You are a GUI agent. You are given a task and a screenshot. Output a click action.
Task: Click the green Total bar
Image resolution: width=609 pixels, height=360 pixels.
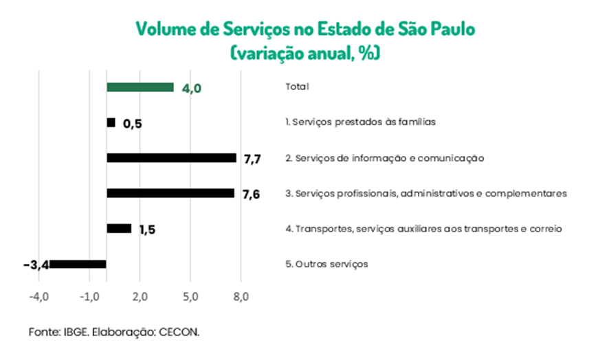click(140, 87)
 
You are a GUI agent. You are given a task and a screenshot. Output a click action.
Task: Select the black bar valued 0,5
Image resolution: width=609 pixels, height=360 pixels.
click(111, 122)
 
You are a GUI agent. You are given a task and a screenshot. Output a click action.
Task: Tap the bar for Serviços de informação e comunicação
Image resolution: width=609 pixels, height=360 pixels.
click(171, 158)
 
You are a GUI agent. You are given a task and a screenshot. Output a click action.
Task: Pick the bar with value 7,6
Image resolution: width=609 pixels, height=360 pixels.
click(170, 193)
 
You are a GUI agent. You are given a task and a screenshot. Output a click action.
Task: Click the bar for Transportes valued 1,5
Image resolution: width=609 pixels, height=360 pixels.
click(119, 229)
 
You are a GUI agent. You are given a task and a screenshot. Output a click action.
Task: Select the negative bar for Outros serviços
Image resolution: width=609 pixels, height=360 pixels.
click(78, 264)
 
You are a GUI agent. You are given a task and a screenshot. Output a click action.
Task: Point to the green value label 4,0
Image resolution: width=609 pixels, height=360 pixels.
click(191, 89)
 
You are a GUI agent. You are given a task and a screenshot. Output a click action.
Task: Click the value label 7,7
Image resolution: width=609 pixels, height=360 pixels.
click(252, 159)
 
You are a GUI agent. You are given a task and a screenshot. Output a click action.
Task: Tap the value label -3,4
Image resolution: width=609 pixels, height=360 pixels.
click(36, 265)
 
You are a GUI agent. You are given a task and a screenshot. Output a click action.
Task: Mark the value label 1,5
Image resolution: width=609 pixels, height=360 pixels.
click(147, 230)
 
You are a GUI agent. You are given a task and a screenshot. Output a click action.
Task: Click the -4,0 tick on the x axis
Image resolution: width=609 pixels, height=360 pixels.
click(38, 297)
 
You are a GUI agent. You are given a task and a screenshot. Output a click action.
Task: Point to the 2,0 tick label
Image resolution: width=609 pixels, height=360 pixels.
click(140, 297)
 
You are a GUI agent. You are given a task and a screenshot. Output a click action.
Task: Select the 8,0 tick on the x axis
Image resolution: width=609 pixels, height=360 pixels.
click(241, 297)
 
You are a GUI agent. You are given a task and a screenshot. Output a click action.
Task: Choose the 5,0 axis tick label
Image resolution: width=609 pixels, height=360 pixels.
click(190, 297)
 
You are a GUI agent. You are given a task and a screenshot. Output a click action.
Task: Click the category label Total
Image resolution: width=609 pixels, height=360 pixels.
click(297, 87)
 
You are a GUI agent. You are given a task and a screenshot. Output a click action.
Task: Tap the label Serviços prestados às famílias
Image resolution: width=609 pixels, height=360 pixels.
click(360, 122)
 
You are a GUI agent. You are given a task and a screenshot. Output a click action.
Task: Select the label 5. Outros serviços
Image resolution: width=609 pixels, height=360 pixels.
click(326, 264)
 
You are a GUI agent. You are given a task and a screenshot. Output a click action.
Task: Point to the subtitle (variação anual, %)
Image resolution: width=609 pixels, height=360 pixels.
click(305, 52)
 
